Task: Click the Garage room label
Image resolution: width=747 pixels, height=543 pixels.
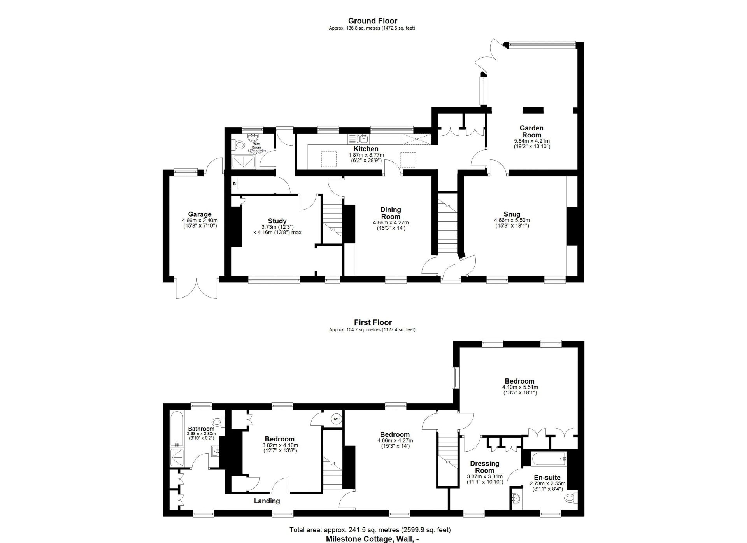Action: [x=200, y=214]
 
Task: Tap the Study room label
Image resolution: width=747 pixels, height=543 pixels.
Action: [x=277, y=221]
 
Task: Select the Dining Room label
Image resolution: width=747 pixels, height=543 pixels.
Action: [x=391, y=213]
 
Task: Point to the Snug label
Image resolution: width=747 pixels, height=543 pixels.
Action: [x=512, y=214]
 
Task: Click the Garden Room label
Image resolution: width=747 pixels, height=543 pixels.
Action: [x=531, y=131]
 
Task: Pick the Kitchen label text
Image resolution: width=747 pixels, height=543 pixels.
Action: [x=366, y=149]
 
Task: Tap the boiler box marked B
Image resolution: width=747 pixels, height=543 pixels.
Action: [x=235, y=184]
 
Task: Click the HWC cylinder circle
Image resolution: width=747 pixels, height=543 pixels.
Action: [x=336, y=419]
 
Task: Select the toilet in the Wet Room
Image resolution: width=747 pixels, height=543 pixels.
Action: [x=238, y=145]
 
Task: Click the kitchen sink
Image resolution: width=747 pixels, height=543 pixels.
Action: [x=364, y=138]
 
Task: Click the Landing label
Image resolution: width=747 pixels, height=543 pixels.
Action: [x=267, y=501]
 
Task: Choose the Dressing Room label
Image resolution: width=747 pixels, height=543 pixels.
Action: [x=484, y=467]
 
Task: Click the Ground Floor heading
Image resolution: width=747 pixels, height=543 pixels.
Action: [x=372, y=21]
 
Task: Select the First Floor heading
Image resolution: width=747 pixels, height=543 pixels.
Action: [x=373, y=322]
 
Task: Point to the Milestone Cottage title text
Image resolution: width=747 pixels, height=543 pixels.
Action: [x=372, y=539]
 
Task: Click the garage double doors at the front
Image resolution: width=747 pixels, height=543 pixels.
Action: [x=196, y=288]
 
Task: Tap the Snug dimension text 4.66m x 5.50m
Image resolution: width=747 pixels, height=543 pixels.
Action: [x=512, y=220]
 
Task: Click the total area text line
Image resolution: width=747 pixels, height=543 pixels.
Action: [x=370, y=530]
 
